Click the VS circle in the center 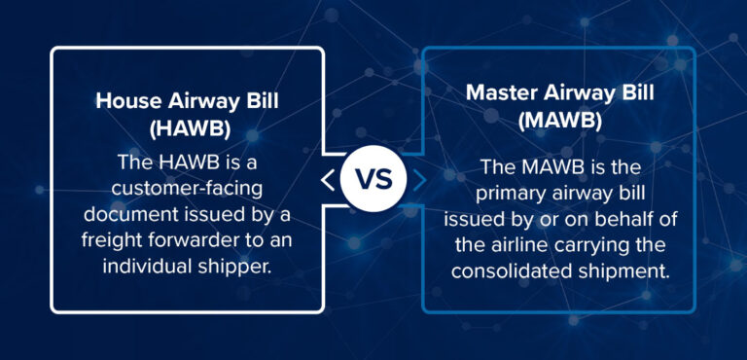(x=373, y=180)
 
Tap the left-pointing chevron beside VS (x=328, y=180)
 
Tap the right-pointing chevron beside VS (x=418, y=180)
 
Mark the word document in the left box (x=138, y=213)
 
